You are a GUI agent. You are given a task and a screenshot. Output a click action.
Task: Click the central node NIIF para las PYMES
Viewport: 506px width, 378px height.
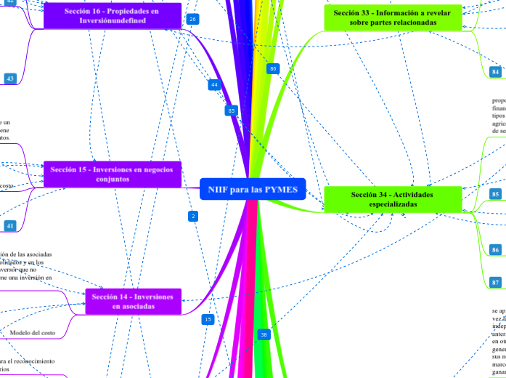click(x=253, y=189)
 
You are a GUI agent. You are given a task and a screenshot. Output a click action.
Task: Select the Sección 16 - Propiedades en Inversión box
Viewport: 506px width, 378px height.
click(x=112, y=16)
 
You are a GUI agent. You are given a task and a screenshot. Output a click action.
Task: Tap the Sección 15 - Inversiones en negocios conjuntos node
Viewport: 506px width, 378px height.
click(x=112, y=174)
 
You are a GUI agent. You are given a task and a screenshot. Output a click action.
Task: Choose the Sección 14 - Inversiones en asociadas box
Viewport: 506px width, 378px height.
click(x=133, y=302)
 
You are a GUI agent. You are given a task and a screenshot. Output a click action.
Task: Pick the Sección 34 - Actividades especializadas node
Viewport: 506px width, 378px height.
click(x=392, y=199)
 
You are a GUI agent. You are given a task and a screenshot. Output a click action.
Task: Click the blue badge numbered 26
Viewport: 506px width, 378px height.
click(x=192, y=19)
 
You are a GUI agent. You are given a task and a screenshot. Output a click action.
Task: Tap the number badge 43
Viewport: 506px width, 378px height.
click(x=10, y=79)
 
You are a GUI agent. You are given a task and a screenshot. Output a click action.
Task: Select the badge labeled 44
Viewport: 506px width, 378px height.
click(x=214, y=85)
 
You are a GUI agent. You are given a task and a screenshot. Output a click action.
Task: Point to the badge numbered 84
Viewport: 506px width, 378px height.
click(x=495, y=72)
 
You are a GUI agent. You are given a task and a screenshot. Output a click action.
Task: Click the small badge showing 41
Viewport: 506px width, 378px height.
click(x=10, y=226)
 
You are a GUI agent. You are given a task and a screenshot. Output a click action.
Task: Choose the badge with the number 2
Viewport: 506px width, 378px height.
click(x=193, y=216)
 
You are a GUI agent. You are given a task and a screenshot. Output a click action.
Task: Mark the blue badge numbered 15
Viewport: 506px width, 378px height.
click(x=208, y=319)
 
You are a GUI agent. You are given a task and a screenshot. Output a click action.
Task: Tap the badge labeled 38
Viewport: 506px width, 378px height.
click(x=264, y=334)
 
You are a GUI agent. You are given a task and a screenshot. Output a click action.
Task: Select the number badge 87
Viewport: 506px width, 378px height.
click(x=495, y=282)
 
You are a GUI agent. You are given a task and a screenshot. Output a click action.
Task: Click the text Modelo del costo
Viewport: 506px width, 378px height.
click(x=32, y=332)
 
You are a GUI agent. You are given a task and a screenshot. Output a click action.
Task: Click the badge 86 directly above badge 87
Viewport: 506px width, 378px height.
click(x=495, y=249)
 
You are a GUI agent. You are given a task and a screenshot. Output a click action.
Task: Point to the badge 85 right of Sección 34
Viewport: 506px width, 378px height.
click(x=495, y=194)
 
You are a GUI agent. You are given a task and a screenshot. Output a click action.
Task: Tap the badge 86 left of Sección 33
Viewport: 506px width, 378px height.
click(x=273, y=68)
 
